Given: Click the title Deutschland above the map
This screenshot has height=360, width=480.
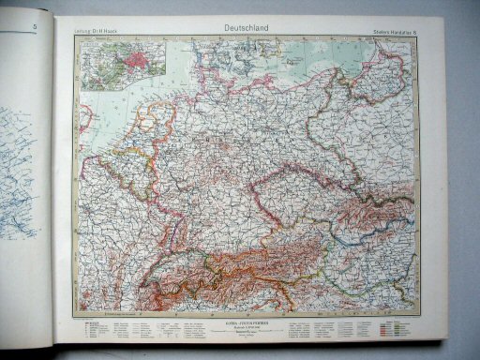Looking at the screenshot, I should pos(246,29).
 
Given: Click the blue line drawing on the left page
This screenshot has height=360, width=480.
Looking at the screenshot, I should pos(19,169).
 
